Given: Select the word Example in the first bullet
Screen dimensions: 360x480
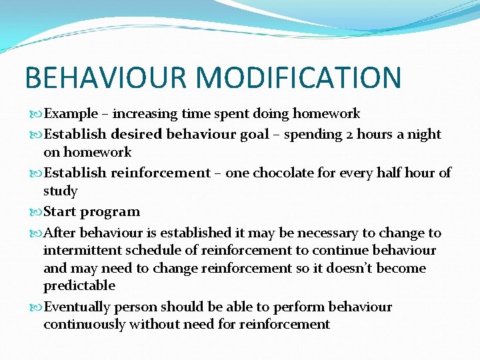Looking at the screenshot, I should point(70,114).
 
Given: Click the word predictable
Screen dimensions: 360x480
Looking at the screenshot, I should point(79,286).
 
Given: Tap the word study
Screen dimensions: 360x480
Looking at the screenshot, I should point(61,191).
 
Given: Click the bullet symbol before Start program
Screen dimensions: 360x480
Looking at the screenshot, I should point(35,213).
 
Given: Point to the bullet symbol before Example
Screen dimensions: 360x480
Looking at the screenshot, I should point(35,115).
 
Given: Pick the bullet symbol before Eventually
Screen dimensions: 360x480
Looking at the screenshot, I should point(35,308).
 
